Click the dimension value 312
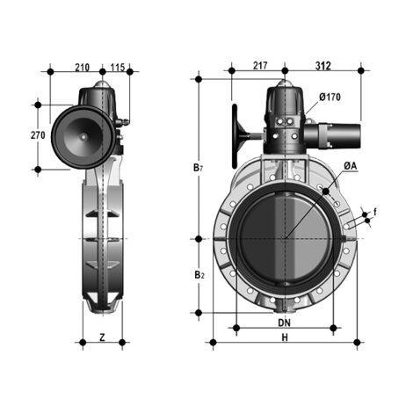pyautogui.click(x=322, y=66)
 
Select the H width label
pyautogui.click(x=283, y=338)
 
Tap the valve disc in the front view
pyautogui.click(x=283, y=237)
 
